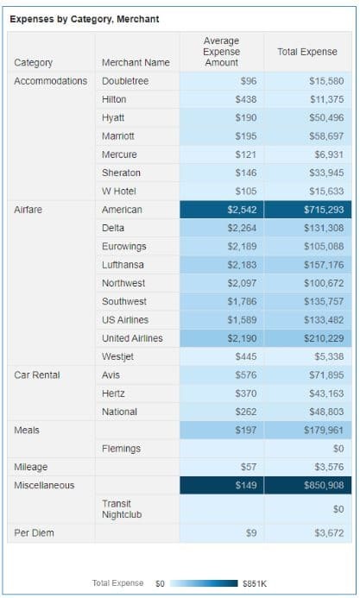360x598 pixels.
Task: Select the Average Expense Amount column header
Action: pyautogui.click(x=221, y=52)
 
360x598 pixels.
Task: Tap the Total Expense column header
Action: pyautogui.click(x=306, y=52)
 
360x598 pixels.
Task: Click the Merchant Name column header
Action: pyautogui.click(x=136, y=62)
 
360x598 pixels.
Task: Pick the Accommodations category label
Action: pyautogui.click(x=50, y=81)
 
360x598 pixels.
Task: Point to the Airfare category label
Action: pyautogui.click(x=28, y=210)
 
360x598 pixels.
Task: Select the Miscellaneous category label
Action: pyautogui.click(x=44, y=485)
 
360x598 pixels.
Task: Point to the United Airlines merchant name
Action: pyautogui.click(x=132, y=337)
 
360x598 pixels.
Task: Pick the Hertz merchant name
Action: pyautogui.click(x=114, y=393)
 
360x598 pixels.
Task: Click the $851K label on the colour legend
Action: pyautogui.click(x=256, y=584)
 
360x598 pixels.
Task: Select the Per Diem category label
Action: pyautogui.click(x=34, y=532)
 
